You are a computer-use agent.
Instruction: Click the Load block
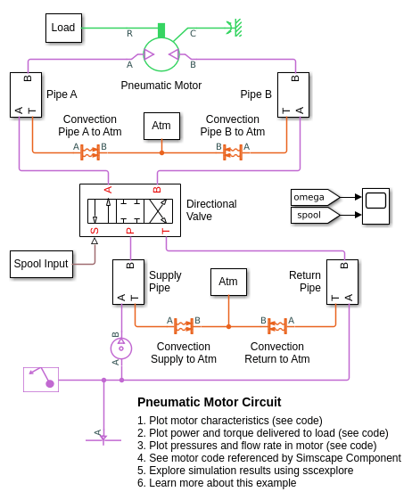point(63,28)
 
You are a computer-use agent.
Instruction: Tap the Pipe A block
point(26,94)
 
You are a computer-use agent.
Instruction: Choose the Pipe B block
point(293,94)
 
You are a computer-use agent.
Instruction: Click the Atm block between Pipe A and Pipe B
point(161,126)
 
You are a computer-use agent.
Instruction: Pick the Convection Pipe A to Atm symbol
point(90,152)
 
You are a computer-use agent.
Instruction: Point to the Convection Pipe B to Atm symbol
point(233,152)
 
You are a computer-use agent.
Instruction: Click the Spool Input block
point(41,264)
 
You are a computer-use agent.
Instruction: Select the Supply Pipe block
point(128,282)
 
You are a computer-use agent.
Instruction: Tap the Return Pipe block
point(342,282)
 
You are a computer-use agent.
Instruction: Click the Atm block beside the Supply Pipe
point(228,282)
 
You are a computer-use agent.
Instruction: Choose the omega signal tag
point(315,197)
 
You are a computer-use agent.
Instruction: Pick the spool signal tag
point(315,216)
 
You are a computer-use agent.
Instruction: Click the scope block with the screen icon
point(375,206)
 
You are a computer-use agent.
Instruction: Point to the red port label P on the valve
point(130,231)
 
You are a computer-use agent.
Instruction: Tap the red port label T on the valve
point(166,231)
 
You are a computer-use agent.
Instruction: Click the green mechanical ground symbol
point(235,28)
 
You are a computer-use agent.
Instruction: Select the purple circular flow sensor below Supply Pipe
point(121,348)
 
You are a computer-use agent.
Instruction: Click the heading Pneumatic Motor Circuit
point(210,402)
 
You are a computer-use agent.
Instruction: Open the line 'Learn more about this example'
point(217,483)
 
